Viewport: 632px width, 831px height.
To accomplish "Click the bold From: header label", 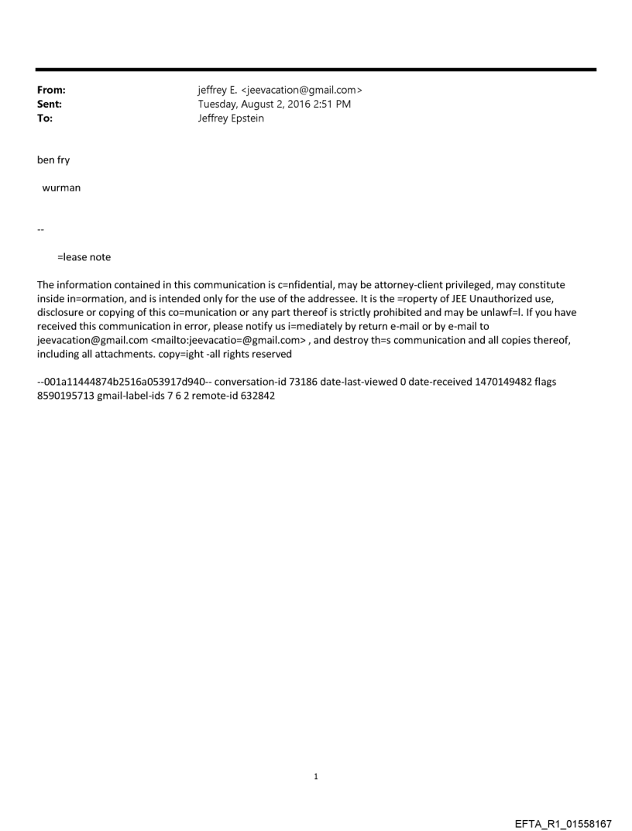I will pos(50,91).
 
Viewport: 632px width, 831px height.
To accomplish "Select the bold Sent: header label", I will pos(49,105).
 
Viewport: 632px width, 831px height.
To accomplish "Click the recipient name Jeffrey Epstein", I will pos(231,118).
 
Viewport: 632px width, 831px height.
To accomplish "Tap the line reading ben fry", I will pos(53,161).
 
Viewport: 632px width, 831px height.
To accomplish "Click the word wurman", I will pos(61,187).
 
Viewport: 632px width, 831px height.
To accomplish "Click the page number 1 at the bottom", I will pos(316,776).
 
